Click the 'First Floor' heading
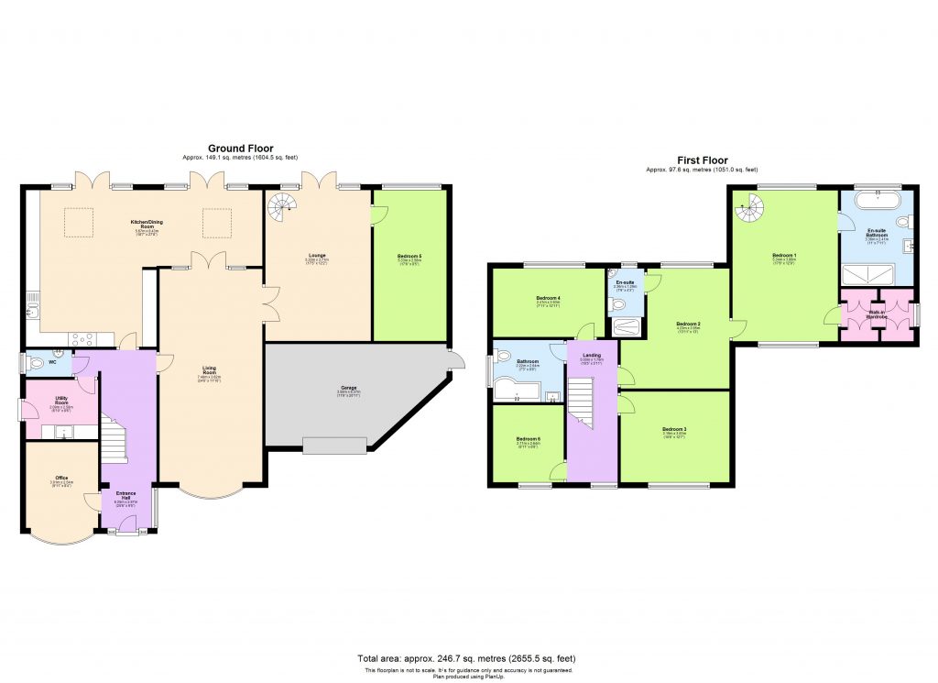702,160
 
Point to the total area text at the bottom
469,659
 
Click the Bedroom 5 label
409,259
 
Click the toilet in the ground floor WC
36,364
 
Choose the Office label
61,479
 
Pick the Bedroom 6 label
528,441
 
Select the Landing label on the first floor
592,357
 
